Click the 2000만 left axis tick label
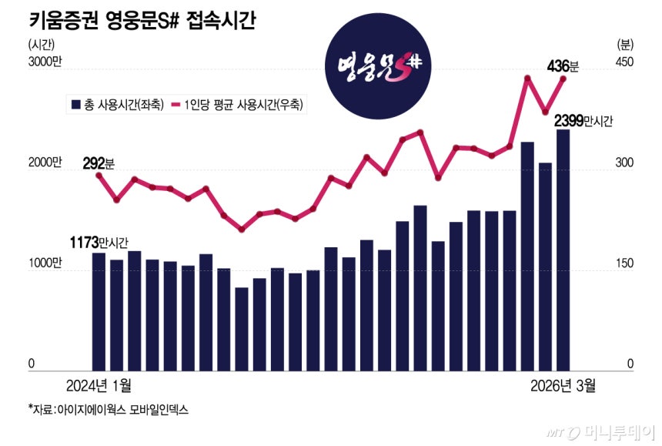[x=45, y=163]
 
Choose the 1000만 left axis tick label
[x=45, y=263]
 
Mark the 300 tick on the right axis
[x=624, y=163]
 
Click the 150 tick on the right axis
[x=624, y=263]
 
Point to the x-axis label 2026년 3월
[x=562, y=384]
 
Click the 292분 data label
[x=99, y=163]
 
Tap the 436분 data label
[x=562, y=66]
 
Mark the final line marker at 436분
[x=563, y=79]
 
